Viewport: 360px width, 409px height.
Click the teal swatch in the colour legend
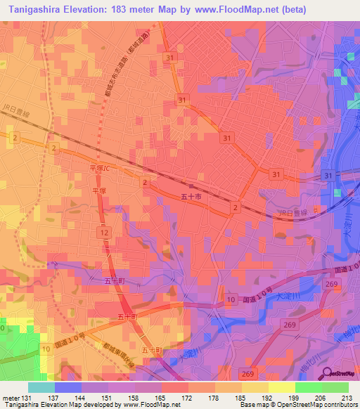pos(41,387)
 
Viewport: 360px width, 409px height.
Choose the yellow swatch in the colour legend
pos(281,387)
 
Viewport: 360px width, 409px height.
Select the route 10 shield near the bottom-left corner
pos(46,348)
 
